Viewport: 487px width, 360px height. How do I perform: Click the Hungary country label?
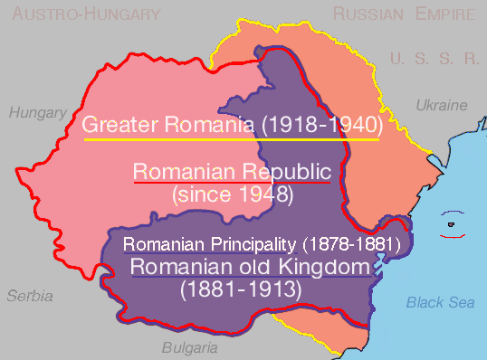[x=38, y=113]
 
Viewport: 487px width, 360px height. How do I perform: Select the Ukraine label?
[x=441, y=106]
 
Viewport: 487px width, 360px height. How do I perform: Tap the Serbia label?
[x=30, y=296]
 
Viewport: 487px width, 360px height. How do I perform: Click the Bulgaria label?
[x=189, y=347]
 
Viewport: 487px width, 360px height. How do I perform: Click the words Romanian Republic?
[x=232, y=170]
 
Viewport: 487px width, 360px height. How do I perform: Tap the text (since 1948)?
[x=232, y=193]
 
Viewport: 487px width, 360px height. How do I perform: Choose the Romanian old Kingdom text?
[x=251, y=267]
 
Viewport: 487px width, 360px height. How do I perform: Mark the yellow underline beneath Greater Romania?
[x=231, y=140]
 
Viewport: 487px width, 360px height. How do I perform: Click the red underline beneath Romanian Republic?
[x=232, y=183]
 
